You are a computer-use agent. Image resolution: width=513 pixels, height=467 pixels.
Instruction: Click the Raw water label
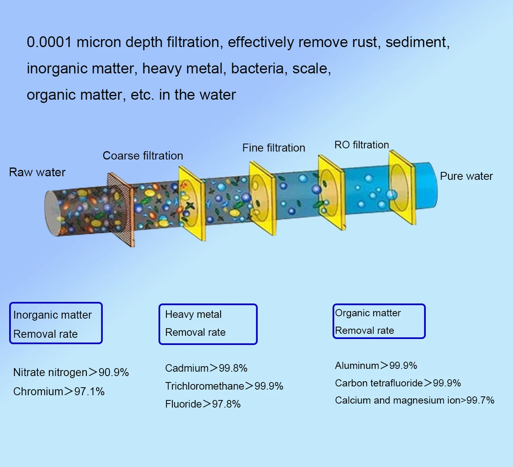coord(37,172)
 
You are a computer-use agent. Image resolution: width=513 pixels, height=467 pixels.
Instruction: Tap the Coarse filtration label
coord(143,156)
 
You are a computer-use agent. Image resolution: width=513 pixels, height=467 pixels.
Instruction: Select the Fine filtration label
coord(274,148)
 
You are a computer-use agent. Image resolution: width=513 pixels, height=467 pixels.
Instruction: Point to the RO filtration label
coord(361,145)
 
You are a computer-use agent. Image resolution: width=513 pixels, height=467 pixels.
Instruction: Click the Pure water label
coord(466,176)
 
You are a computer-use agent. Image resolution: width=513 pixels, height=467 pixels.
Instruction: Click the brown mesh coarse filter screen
coord(121,209)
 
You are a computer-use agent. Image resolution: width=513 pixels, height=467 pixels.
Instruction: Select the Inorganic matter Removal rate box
coord(56,323)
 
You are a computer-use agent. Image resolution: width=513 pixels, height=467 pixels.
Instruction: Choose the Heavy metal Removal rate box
coord(208,324)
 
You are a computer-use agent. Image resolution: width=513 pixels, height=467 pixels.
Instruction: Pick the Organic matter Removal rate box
coord(379,321)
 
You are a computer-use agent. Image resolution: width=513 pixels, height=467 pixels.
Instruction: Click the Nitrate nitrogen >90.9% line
coord(71,372)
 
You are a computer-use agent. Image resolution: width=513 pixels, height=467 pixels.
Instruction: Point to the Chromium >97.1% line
coord(59,392)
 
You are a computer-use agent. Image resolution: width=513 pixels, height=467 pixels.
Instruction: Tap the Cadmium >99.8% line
coord(206,368)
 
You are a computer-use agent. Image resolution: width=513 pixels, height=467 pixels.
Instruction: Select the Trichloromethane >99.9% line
coord(224,386)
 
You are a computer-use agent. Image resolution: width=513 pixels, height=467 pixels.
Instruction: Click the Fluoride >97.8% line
coord(203,404)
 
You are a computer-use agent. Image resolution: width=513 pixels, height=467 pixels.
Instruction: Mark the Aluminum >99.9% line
coord(376,365)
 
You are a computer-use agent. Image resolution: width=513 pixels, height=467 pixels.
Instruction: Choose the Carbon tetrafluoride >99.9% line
coord(397,383)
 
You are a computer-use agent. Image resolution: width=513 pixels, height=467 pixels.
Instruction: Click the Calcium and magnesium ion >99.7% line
coord(414,400)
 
